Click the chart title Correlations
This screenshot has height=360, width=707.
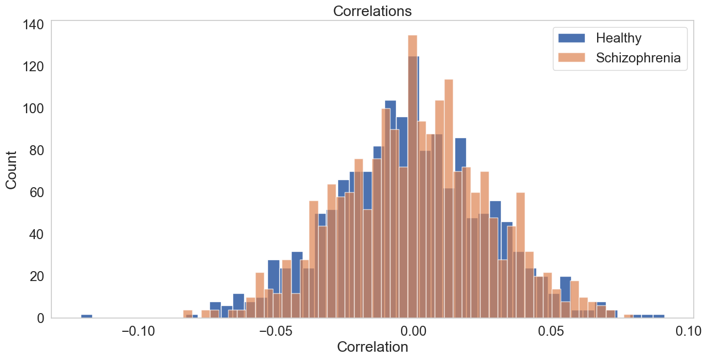click(372, 11)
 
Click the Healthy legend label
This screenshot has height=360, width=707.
click(619, 38)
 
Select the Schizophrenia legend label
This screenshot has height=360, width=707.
click(638, 58)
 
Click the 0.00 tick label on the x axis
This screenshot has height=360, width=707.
click(415, 331)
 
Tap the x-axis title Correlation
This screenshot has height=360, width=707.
click(372, 347)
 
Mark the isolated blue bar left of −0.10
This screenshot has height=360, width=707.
click(87, 316)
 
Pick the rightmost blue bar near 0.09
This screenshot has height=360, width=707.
click(658, 316)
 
